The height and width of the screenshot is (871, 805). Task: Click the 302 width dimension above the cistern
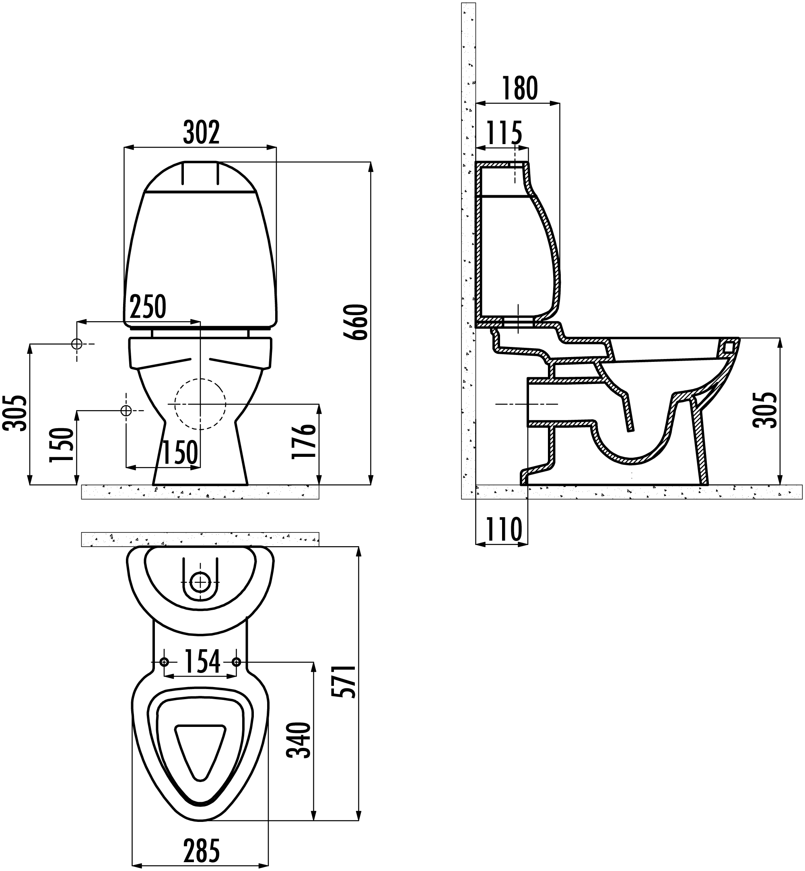[201, 132]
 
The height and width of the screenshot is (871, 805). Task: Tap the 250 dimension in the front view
[148, 307]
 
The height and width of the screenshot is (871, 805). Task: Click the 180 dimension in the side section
[520, 89]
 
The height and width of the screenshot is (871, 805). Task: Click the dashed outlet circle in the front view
[200, 405]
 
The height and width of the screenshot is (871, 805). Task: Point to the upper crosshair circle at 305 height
[77, 344]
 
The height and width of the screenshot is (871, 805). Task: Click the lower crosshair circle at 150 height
[126, 411]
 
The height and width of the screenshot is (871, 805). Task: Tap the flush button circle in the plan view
[200, 582]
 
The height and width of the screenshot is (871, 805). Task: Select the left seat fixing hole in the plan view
[164, 662]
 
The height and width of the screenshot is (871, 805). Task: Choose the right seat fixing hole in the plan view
[236, 662]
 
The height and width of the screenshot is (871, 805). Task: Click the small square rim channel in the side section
[727, 347]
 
